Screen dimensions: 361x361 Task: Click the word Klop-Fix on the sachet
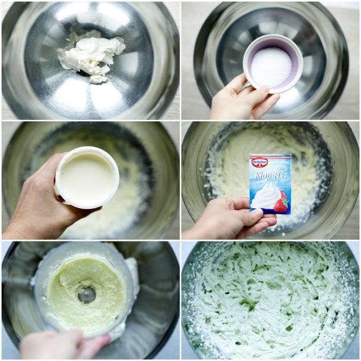[270, 175]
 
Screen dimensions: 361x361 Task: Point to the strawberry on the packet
[281, 202]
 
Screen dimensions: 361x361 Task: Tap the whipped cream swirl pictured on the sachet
[265, 196]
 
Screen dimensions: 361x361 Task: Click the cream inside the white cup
[87, 177]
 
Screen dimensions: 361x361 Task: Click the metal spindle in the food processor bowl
[86, 294]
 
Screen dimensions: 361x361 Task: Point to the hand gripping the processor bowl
[64, 345]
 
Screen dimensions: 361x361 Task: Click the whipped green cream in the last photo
[270, 302]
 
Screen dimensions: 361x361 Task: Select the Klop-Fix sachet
[270, 184]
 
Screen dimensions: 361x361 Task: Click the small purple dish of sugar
[273, 64]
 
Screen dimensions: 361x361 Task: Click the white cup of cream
[87, 178]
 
